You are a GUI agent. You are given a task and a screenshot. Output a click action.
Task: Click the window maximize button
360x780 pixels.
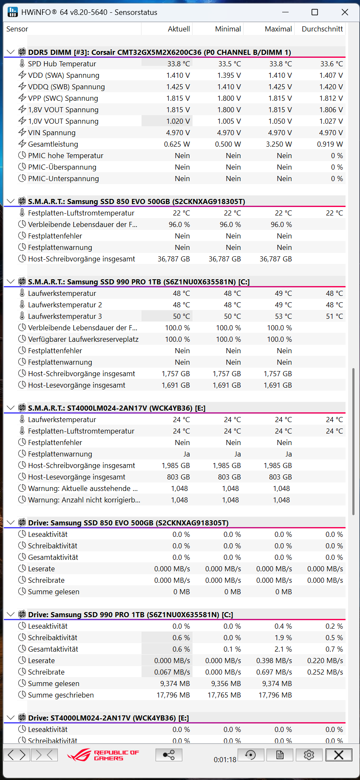pyautogui.click(x=315, y=12)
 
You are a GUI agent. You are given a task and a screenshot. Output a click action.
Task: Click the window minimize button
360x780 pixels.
pyautogui.click(x=285, y=12)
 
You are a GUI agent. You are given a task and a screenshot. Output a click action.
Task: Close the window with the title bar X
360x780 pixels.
pyautogui.click(x=345, y=12)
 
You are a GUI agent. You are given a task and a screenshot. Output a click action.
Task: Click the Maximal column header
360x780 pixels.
pyautogui.click(x=278, y=29)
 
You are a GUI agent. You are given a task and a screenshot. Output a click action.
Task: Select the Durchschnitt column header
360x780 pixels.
pyautogui.click(x=322, y=29)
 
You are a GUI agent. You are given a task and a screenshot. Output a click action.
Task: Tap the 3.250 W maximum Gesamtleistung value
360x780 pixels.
pyautogui.click(x=279, y=144)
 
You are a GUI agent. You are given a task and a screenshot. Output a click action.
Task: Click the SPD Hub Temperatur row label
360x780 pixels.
pyautogui.click(x=62, y=64)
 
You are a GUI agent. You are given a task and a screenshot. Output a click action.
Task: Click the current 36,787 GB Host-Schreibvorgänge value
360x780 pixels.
pyautogui.click(x=173, y=259)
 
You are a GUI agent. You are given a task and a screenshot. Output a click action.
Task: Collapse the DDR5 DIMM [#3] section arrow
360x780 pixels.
pyautogui.click(x=11, y=52)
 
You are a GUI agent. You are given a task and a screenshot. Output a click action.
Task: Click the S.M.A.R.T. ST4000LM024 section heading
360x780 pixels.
pyautogui.click(x=116, y=408)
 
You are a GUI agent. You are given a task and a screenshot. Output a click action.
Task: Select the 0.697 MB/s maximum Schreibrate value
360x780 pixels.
pyautogui.click(x=274, y=672)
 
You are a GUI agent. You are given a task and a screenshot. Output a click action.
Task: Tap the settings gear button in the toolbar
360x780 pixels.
pyautogui.click(x=309, y=755)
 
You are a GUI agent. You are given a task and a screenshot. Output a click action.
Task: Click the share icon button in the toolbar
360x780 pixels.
pyautogui.click(x=169, y=755)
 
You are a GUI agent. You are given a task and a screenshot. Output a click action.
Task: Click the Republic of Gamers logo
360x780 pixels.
pyautogui.click(x=103, y=755)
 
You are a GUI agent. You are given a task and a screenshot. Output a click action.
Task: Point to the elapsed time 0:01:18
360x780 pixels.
pyautogui.click(x=225, y=760)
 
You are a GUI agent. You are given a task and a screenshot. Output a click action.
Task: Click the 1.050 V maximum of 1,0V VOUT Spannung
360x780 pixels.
pyautogui.click(x=280, y=121)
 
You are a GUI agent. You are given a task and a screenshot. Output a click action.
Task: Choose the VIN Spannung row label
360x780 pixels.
pyautogui.click(x=51, y=133)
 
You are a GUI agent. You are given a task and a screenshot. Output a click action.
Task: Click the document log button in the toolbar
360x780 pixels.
pyautogui.click(x=280, y=755)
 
